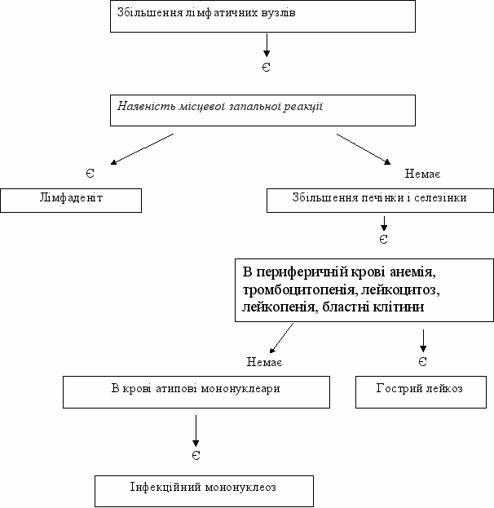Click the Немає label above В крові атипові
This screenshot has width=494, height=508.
pos(264,361)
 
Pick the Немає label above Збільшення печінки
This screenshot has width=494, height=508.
pos(422,174)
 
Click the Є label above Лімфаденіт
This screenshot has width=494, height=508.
pos(90,174)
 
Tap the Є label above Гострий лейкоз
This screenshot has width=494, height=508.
pos(423,361)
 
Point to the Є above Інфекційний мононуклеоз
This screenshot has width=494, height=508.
pos(196,456)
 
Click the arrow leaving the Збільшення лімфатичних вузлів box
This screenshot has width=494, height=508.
pos(267,46)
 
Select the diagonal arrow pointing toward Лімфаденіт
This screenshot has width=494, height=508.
pos(142,149)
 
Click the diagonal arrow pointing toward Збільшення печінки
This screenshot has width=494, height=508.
pos(364,149)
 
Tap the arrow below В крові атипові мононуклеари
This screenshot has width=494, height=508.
pos(196,431)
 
